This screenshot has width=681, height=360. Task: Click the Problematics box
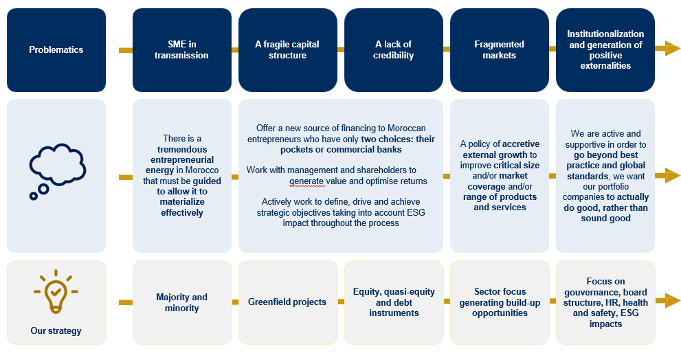coord(56,50)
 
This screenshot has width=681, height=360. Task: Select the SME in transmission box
coord(182,50)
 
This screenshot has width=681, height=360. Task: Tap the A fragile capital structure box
coord(287,50)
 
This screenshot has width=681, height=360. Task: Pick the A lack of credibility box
coord(394,50)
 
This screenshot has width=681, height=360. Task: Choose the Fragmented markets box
coord(500,50)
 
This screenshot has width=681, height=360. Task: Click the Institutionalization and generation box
coord(605,50)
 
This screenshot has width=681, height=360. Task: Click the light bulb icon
coord(56,291)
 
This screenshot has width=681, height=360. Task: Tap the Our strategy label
coord(56,331)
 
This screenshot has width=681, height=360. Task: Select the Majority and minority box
coord(182,303)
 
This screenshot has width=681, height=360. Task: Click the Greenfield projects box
coord(288,303)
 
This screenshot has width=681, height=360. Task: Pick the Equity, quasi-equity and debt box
coord(394,303)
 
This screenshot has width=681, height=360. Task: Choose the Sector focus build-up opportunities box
coord(500,303)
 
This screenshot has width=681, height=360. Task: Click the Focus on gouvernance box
coord(605,303)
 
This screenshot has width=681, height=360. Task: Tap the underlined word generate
coord(306,181)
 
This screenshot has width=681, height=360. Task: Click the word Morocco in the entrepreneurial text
coord(202,170)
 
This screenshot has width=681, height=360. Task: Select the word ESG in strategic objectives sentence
coord(416,212)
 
